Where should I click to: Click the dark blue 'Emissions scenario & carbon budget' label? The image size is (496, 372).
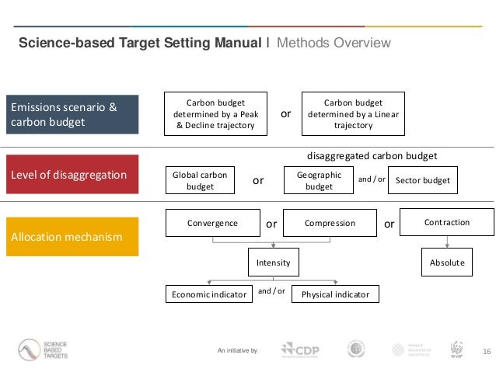[x=73, y=114]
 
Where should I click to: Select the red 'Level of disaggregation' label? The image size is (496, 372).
[x=73, y=175]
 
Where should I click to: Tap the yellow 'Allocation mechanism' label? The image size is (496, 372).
[x=73, y=236]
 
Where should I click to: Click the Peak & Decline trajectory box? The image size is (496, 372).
[x=215, y=113]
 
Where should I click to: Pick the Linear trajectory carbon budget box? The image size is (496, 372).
[x=353, y=113]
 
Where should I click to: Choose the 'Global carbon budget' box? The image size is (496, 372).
[x=201, y=181]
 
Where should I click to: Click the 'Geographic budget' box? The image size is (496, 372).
[x=319, y=181]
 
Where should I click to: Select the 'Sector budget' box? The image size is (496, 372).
[x=423, y=180]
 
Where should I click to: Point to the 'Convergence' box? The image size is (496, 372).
[x=213, y=223]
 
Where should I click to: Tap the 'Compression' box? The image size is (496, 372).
[x=330, y=223]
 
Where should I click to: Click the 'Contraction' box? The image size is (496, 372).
[x=447, y=222]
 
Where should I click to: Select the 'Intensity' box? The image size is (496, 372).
[x=273, y=262]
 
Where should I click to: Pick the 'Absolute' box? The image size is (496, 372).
[x=447, y=262]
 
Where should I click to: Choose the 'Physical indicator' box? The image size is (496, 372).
[x=335, y=294]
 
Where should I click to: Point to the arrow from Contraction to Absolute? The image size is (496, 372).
[x=447, y=242]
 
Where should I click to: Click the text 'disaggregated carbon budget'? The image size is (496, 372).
[x=372, y=155]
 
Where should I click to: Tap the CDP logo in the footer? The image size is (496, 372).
[x=299, y=349]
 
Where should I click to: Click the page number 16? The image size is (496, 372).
[x=487, y=351]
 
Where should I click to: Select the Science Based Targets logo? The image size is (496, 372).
[x=44, y=349]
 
